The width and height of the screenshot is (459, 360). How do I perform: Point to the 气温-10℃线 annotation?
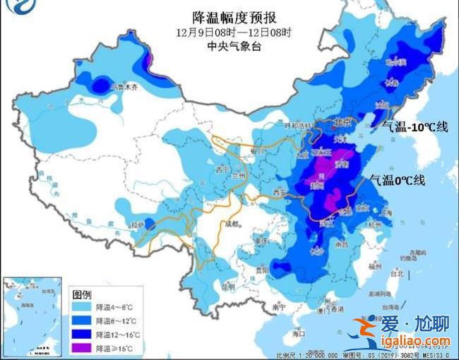click(415, 127)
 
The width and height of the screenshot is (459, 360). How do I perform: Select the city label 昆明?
click(227, 287)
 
